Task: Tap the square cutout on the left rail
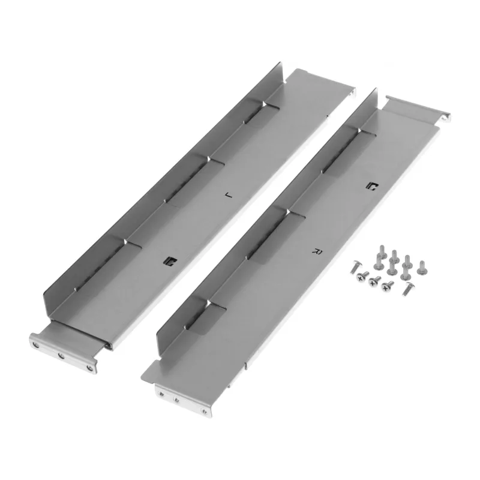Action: tap(170, 261)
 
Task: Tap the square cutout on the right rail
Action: tap(373, 186)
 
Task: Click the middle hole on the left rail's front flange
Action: tap(61, 355)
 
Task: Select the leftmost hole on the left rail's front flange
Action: tap(37, 346)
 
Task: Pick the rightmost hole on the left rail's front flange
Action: tap(89, 368)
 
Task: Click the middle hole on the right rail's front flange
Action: tap(176, 400)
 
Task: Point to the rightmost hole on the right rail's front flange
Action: tap(203, 411)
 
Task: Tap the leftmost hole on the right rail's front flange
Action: tap(161, 394)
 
